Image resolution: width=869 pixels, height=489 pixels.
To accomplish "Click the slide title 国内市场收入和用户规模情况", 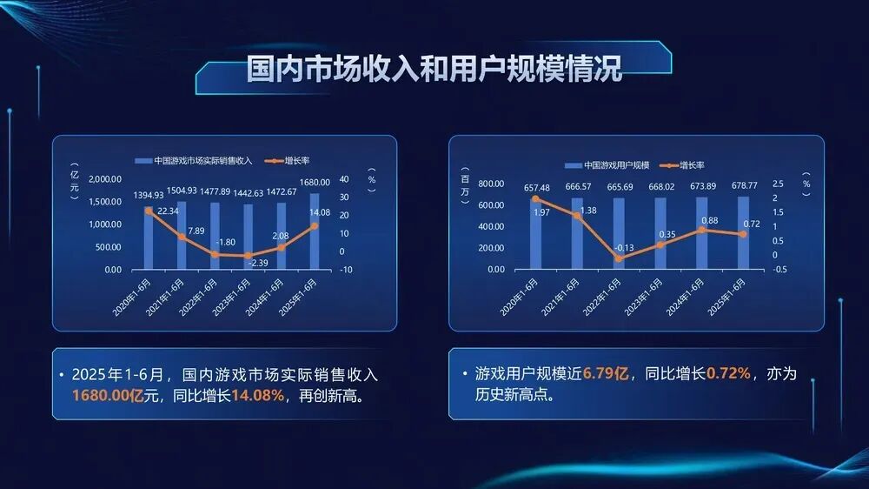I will click(x=434, y=70).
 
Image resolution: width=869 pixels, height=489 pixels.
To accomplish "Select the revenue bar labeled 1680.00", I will click(x=315, y=231).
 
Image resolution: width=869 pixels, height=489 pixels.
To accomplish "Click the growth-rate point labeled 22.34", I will click(x=149, y=211).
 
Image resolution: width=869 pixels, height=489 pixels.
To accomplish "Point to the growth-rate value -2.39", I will click(x=257, y=264).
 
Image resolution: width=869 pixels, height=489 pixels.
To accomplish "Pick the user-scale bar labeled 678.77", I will click(x=743, y=233).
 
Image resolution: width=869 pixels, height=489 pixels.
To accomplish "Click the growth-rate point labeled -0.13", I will click(x=619, y=258).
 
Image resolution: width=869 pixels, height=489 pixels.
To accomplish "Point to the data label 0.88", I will click(x=709, y=220).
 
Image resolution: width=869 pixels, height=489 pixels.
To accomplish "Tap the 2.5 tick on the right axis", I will click(x=778, y=184).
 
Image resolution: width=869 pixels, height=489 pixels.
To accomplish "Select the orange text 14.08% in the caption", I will click(x=257, y=396).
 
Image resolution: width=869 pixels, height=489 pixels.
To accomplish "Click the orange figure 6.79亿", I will click(x=606, y=374).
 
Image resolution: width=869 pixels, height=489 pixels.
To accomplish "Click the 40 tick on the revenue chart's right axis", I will click(x=343, y=179).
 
